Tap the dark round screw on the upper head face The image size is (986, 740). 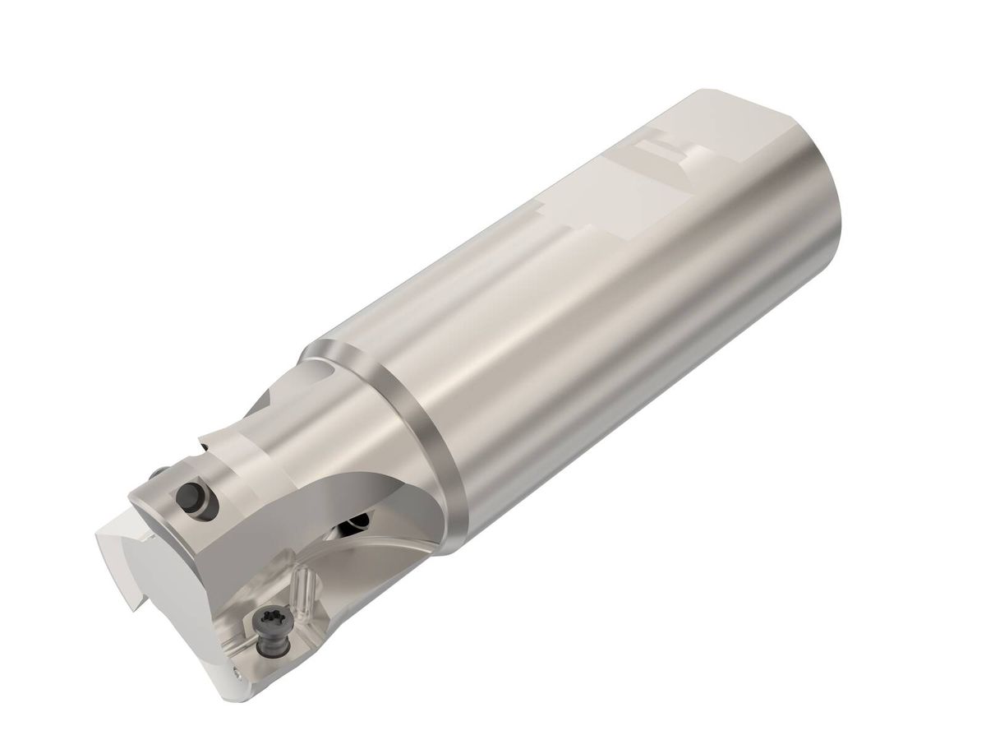(x=191, y=497)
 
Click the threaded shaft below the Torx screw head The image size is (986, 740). (x=268, y=643)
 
